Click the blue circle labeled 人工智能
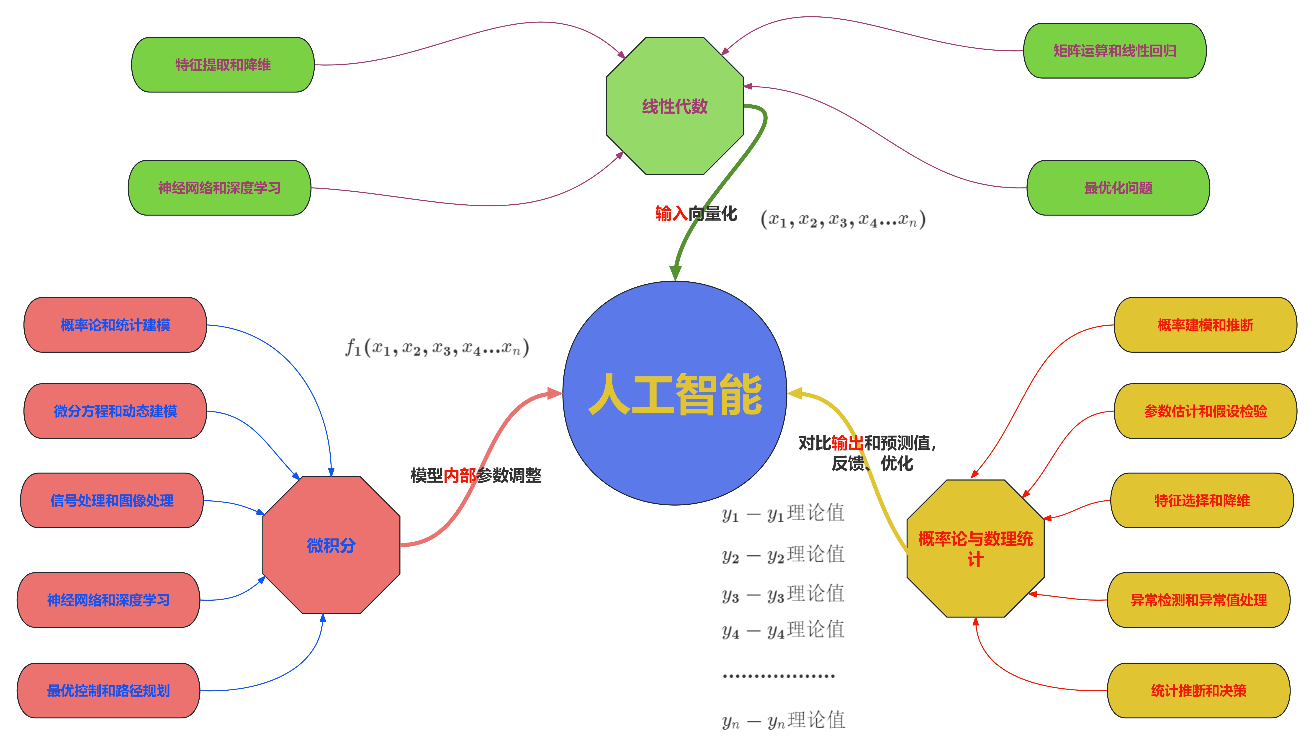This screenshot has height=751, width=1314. click(x=674, y=393)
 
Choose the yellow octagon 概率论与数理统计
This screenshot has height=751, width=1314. click(x=975, y=548)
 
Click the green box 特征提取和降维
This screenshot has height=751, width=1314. click(x=223, y=65)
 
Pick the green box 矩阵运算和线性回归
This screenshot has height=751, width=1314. click(x=1114, y=51)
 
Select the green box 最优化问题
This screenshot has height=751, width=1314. click(x=1118, y=188)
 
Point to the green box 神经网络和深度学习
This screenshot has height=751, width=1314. click(x=219, y=188)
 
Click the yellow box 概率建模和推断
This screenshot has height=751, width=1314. click(x=1205, y=325)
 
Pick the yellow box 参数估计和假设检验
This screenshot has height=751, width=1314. click(x=1205, y=411)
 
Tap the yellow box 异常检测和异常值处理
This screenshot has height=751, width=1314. click(x=1198, y=600)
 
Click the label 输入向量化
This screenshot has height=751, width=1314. click(x=696, y=213)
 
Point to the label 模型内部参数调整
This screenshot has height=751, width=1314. click(x=476, y=475)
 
